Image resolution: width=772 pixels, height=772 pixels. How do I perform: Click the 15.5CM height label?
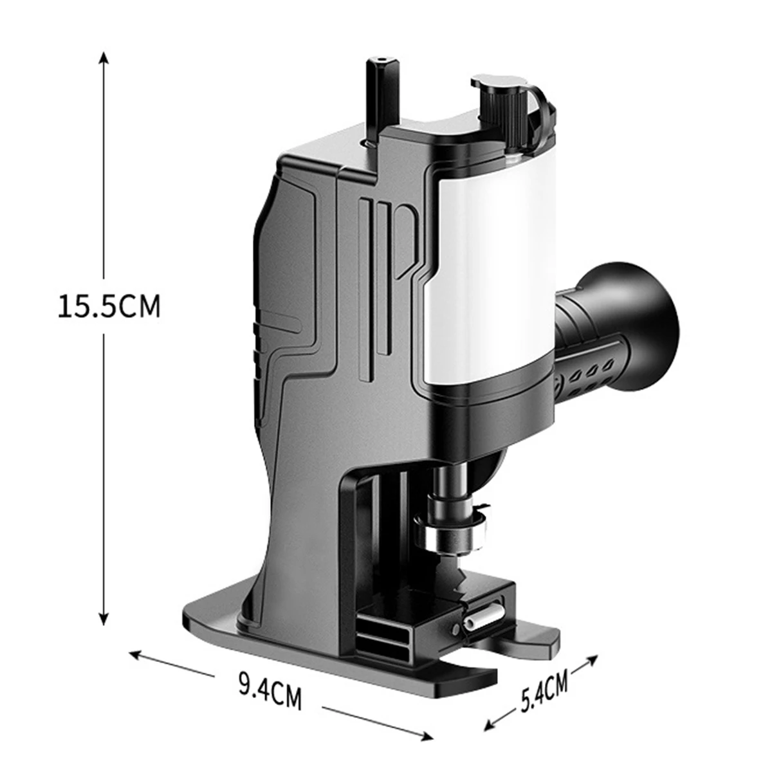(x=109, y=306)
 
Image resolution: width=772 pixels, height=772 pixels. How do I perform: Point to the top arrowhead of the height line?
(x=104, y=57)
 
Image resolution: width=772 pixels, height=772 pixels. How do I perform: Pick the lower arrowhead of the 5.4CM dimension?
(x=490, y=716)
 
